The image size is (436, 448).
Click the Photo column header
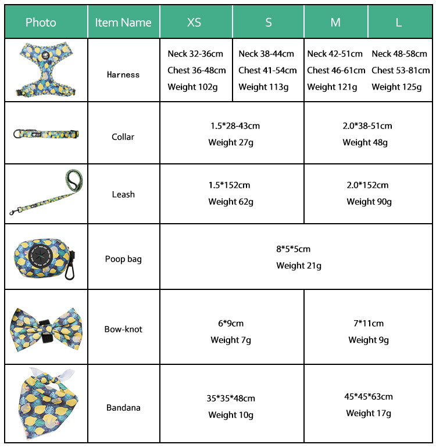tap(41, 23)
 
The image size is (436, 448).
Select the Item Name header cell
tap(123, 23)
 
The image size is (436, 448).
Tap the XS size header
tap(194, 23)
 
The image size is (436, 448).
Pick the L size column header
tap(398, 23)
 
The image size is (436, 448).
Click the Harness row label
tap(123, 74)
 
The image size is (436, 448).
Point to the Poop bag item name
tap(123, 259)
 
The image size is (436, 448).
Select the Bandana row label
tap(123, 408)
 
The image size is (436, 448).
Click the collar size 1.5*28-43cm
tap(235, 126)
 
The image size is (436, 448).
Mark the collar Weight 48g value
tap(365, 142)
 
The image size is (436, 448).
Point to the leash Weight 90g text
tap(369, 202)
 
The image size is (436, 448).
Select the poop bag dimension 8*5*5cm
tap(293, 249)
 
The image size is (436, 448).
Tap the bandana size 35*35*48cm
tap(231, 399)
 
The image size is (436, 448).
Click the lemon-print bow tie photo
tap(44, 327)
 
